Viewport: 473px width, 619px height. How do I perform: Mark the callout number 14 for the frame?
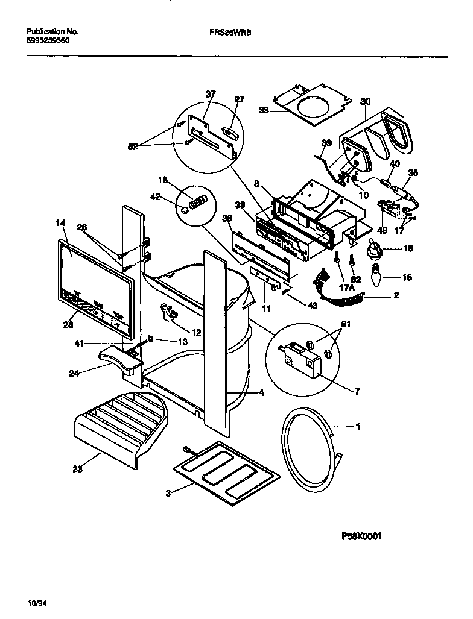point(60,223)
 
